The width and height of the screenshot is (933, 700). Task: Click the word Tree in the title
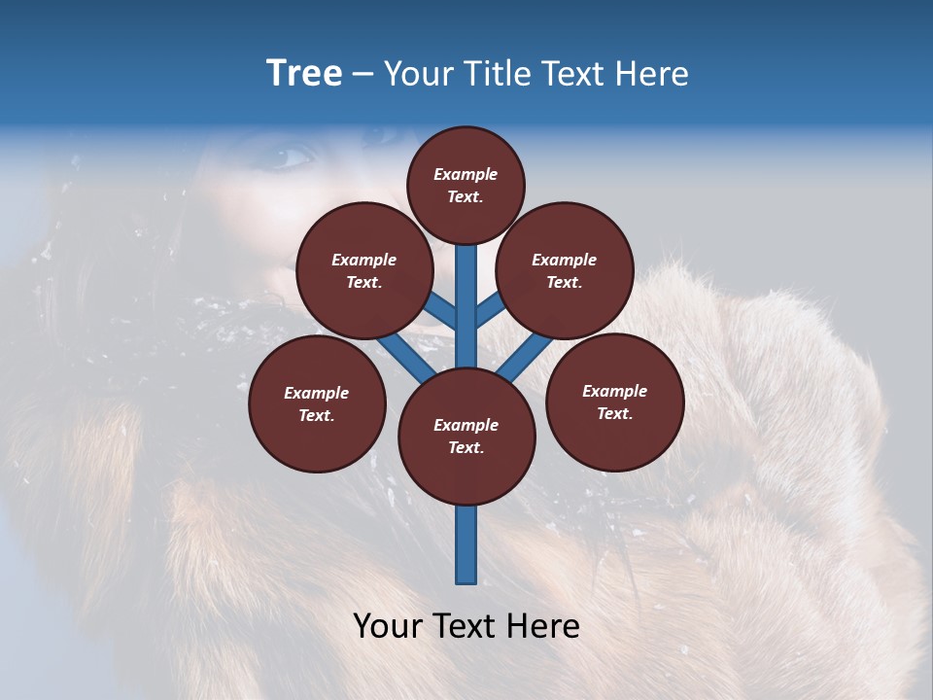coord(304,73)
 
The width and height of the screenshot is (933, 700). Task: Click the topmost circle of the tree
coord(466,185)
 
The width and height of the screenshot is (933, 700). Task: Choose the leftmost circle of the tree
coord(317,403)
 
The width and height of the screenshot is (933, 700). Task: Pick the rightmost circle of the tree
coord(614,402)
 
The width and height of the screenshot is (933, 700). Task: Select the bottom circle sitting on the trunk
coord(466,437)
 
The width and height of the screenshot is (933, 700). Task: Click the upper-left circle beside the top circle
coord(364,270)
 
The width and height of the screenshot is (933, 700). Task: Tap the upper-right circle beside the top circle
coord(565,270)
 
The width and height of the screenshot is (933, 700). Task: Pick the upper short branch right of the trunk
coord(490,309)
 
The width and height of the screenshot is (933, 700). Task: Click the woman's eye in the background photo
coord(289,156)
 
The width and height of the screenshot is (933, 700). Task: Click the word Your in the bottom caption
coord(386,626)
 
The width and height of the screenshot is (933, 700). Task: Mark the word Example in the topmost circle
coord(466,174)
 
